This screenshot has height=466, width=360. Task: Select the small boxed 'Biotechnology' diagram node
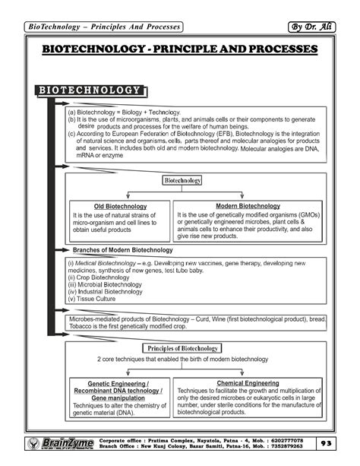[x=182, y=181]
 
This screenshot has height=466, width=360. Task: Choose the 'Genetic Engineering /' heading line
[x=118, y=384]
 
